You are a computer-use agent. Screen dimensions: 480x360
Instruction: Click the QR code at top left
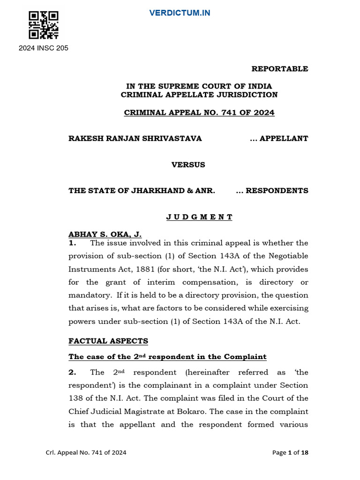(x=43, y=25)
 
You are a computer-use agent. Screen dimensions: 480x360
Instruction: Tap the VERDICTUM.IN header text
(x=180, y=13)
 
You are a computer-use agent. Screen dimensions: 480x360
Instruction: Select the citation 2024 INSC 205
(x=43, y=48)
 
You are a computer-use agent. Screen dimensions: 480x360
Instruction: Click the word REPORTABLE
(x=280, y=69)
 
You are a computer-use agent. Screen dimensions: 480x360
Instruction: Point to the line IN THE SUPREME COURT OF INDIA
(x=199, y=86)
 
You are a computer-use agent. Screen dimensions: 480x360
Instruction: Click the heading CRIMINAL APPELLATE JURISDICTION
(x=199, y=95)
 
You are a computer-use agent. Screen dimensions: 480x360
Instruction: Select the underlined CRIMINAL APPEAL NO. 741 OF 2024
(x=199, y=112)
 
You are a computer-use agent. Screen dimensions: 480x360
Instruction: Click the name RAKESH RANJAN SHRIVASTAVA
(x=135, y=138)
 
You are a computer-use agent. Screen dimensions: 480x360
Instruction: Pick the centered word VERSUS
(x=188, y=165)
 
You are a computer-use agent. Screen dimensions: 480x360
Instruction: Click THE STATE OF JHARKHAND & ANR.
(x=142, y=191)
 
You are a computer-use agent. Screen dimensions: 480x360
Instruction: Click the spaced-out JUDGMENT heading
(x=199, y=217)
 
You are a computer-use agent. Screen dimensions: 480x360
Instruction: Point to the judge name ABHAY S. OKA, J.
(x=105, y=234)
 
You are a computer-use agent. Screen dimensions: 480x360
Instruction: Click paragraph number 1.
(x=72, y=243)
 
